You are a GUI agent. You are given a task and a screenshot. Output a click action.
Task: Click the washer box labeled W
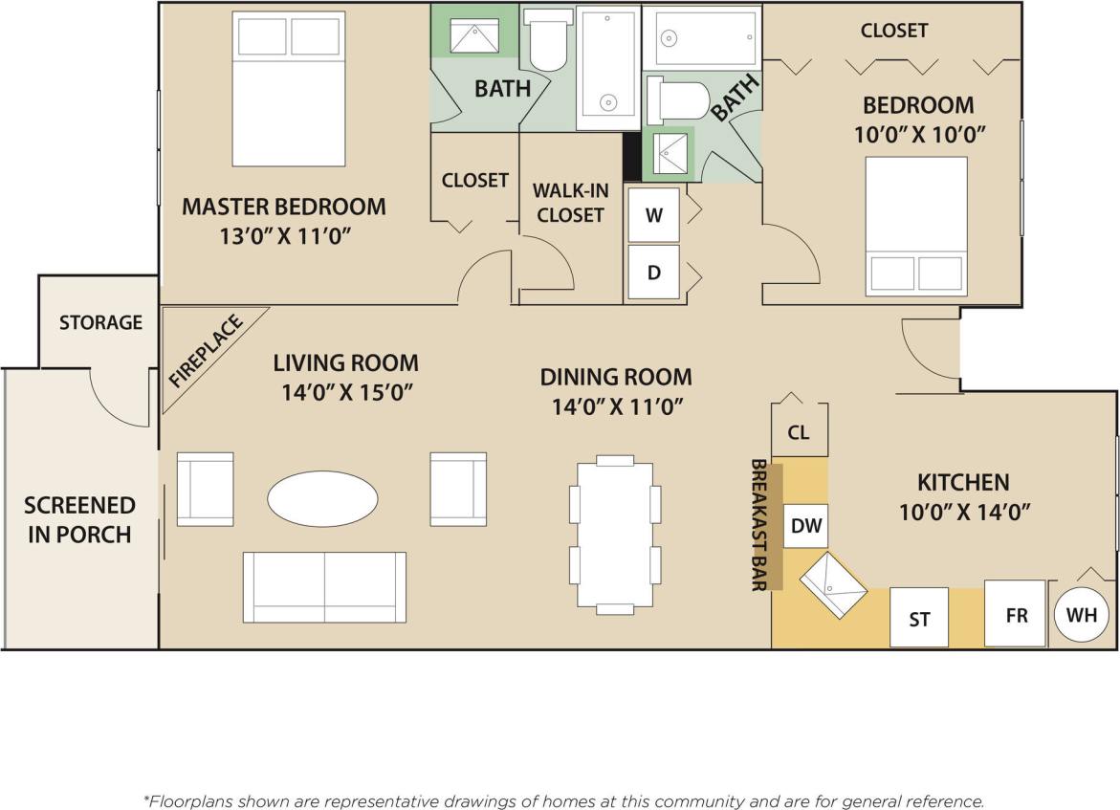pyautogui.click(x=654, y=215)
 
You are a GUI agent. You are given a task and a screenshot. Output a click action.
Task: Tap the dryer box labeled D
pyautogui.click(x=654, y=273)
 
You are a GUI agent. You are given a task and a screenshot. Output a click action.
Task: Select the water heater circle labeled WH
pyautogui.click(x=1082, y=614)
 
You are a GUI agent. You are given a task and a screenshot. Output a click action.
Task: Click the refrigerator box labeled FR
pyautogui.click(x=1015, y=614)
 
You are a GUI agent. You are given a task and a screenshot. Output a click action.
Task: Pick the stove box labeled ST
pyautogui.click(x=919, y=618)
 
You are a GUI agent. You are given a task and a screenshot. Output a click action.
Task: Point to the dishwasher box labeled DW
pyautogui.click(x=806, y=525)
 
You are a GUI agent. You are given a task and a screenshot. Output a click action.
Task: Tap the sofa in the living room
pyautogui.click(x=324, y=586)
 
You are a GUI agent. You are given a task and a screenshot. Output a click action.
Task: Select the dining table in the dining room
pyautogui.click(x=615, y=535)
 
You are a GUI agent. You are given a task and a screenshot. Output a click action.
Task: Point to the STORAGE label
pyautogui.click(x=100, y=322)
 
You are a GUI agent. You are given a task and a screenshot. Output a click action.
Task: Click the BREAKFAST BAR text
pyautogui.click(x=759, y=525)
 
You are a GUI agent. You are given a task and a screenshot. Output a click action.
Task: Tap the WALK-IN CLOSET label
pyautogui.click(x=570, y=203)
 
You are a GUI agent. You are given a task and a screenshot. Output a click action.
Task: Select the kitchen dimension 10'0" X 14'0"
pyautogui.click(x=963, y=512)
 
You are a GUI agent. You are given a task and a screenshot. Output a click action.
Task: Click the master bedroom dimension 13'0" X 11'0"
pyautogui.click(x=284, y=235)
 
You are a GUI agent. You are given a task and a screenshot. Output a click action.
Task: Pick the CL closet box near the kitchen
pyautogui.click(x=799, y=432)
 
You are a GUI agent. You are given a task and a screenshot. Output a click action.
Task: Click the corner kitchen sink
pyautogui.click(x=833, y=584)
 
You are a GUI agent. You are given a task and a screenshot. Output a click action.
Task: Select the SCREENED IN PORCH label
pyautogui.click(x=79, y=519)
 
